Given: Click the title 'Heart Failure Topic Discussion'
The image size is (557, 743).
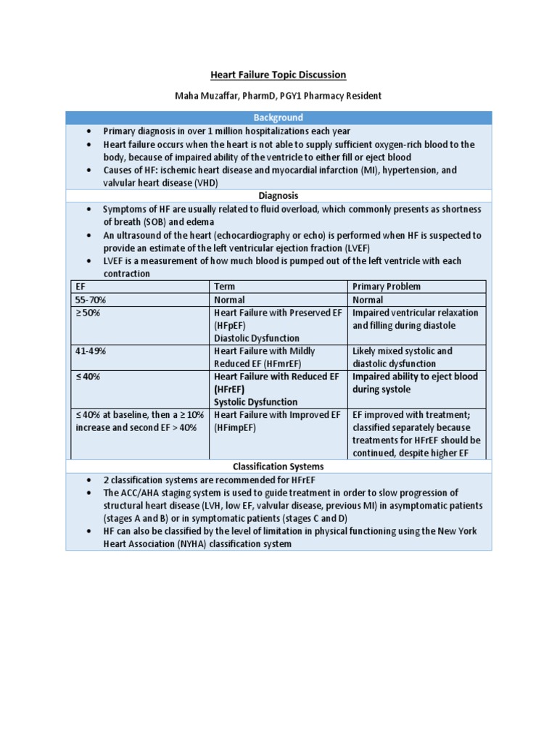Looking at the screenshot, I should coord(278,75).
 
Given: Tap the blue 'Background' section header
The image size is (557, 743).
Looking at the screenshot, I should coord(278,118).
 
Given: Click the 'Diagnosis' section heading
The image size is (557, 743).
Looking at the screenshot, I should coord(278,196).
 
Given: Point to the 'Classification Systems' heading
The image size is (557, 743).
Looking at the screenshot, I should coord(278,467).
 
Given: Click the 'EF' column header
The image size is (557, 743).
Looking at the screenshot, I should coord(81,287).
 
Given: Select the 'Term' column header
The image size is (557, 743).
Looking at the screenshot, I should coord(224,287).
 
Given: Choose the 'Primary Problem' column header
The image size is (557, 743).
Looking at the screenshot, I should coord(386,287).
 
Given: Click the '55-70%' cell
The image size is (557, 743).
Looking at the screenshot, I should coord(89,300).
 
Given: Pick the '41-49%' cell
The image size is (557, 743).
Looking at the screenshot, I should coord(89,351).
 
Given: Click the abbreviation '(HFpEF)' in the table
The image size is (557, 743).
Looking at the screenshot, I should coord(230,326).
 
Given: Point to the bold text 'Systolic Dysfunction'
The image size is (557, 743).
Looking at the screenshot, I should coord(255,402).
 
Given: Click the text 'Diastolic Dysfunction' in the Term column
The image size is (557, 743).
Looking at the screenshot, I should coord(256,338).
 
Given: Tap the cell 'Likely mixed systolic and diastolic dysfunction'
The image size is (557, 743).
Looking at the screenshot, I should coord(403,357).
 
